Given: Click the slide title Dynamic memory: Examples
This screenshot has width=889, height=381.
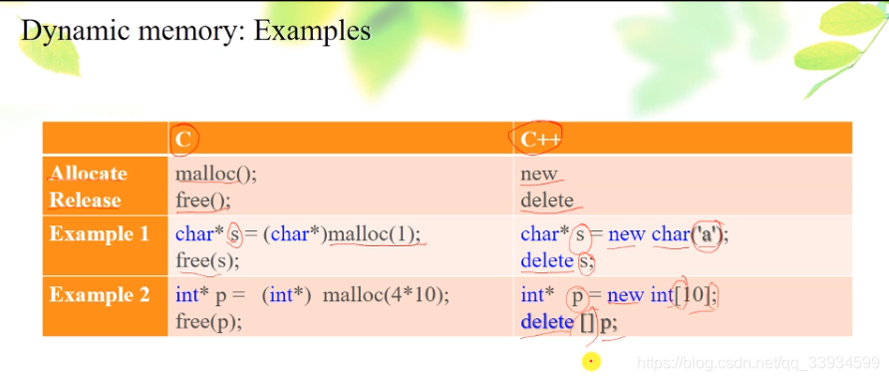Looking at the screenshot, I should click(x=195, y=30).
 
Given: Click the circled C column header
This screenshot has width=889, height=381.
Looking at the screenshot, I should click(x=184, y=140).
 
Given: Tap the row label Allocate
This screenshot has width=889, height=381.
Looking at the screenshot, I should click(x=89, y=173).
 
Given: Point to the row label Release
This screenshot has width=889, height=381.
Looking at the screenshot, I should click(x=85, y=199).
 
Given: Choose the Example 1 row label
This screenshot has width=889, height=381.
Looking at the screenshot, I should click(x=99, y=234).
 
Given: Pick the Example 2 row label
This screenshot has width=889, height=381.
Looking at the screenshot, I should click(x=99, y=294).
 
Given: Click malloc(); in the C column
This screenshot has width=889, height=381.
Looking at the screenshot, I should click(x=215, y=173).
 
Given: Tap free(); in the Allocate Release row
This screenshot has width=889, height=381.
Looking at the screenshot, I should click(x=202, y=199).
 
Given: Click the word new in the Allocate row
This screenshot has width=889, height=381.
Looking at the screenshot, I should click(x=538, y=174).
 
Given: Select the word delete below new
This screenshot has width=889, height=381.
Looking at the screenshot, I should click(x=547, y=199).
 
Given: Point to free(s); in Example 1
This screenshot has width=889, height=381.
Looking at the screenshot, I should click(x=207, y=261).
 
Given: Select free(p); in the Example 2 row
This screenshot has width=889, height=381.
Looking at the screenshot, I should click(x=208, y=321).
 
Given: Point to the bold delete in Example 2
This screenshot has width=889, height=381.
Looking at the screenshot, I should click(x=546, y=322).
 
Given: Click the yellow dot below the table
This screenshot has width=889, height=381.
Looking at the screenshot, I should click(x=591, y=360).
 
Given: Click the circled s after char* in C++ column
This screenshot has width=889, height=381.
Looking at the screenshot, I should click(x=580, y=235).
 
